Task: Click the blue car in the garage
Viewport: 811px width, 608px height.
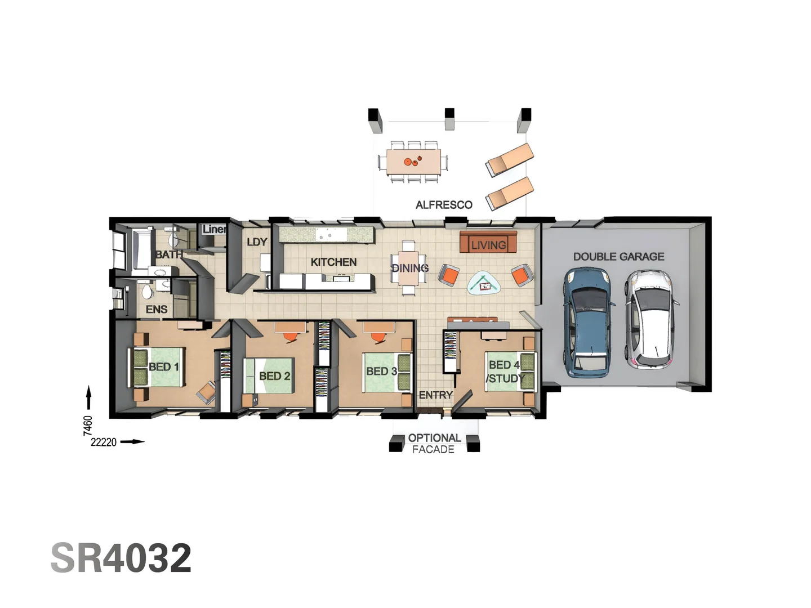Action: [587, 322]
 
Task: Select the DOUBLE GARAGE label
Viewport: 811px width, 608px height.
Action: [618, 257]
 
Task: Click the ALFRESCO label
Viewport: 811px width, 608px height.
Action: [444, 205]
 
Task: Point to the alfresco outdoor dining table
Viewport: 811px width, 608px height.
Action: [413, 162]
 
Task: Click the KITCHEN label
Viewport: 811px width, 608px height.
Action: [333, 262]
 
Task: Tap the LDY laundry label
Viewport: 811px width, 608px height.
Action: [257, 242]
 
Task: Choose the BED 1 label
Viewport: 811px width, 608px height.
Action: [163, 367]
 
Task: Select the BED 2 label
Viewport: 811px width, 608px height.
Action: [275, 376]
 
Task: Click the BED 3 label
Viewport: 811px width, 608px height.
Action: [381, 372]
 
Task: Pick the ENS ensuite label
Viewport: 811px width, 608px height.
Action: [157, 310]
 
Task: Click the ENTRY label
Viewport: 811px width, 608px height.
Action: [435, 395]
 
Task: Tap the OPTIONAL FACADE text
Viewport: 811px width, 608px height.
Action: [434, 444]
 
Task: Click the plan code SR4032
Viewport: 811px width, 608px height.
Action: [121, 558]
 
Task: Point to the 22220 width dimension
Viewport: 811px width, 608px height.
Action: [104, 442]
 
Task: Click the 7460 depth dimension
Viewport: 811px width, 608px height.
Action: [88, 425]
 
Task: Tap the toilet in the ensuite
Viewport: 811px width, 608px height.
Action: [147, 291]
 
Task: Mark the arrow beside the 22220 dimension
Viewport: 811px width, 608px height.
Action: [133, 442]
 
